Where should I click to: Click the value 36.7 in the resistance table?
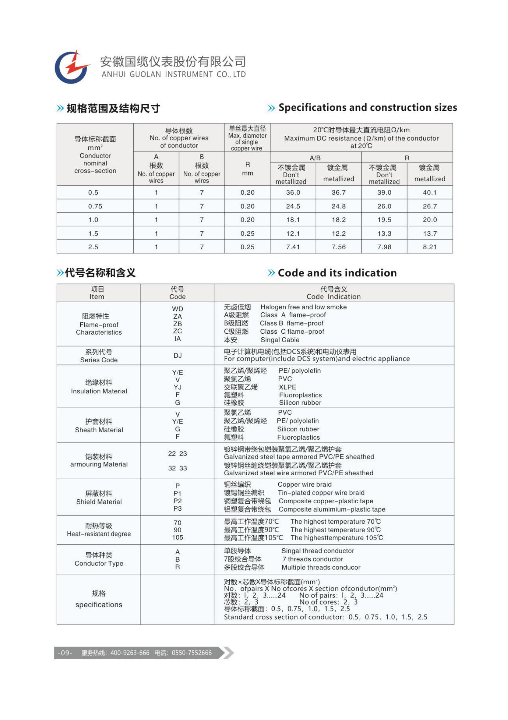pos(338,192)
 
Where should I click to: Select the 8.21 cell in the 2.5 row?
pos(429,247)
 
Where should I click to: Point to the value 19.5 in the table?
pos(384,220)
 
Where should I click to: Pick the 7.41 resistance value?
pos(293,247)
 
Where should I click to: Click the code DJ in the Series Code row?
pos(177,356)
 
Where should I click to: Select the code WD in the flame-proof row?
pos(177,309)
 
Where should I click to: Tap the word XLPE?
pos(287,387)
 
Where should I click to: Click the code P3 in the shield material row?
pos(177,509)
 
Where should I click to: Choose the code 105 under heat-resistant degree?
pos(177,537)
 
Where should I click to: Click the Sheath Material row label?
pos(99,430)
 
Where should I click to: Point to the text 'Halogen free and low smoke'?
pos(303,307)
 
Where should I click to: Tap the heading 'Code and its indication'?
pos(337,273)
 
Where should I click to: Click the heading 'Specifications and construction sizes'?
pos(368,107)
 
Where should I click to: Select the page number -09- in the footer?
pos(65,653)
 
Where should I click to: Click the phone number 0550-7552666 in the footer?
pos(192,653)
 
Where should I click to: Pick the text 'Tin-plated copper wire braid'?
pos(321,493)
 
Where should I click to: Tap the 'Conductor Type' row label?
pos(99,564)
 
